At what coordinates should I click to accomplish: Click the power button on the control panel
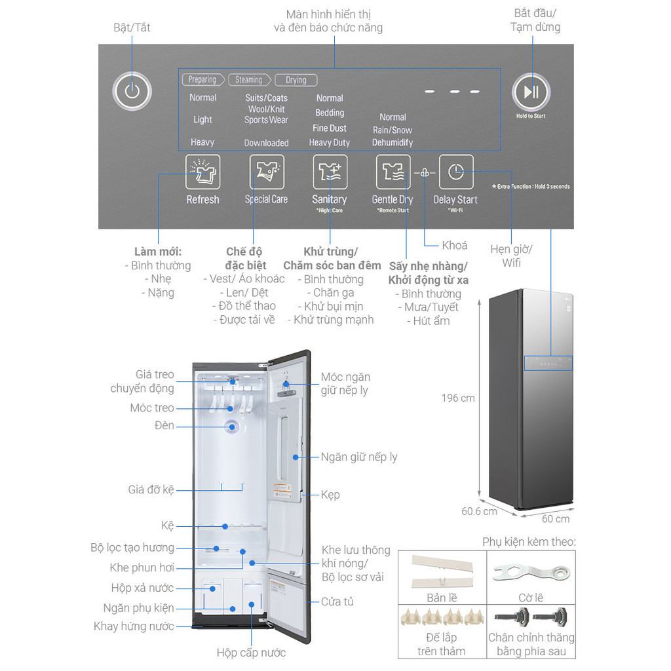(132, 91)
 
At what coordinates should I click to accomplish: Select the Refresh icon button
(202, 172)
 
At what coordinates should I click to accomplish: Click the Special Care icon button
(267, 172)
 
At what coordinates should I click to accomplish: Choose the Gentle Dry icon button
(393, 172)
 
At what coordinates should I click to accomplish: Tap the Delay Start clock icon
(455, 172)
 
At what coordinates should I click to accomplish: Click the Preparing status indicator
(202, 80)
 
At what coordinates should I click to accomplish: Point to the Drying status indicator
(296, 80)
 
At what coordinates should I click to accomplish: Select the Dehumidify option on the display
(393, 142)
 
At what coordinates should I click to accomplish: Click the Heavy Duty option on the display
(330, 142)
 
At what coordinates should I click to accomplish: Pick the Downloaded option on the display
(267, 143)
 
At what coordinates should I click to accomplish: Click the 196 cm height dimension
(458, 398)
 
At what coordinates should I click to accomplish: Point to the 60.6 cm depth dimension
(479, 511)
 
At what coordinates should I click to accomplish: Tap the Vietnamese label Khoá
(455, 245)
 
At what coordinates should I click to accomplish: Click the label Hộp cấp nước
(251, 652)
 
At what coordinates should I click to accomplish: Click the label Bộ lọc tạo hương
(132, 547)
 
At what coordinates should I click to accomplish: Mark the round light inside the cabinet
(232, 427)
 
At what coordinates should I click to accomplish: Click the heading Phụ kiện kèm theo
(529, 541)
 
